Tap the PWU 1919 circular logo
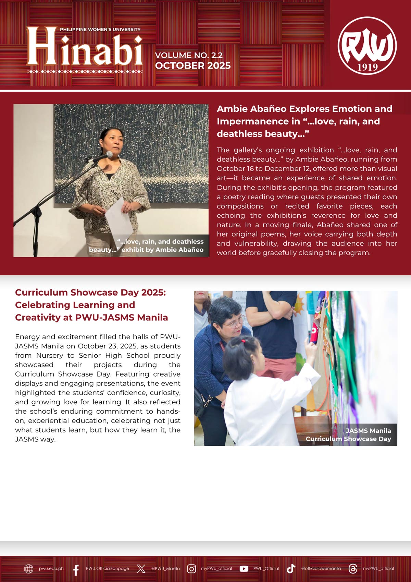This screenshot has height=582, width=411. [367, 46]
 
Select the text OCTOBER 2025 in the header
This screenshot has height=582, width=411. [193, 66]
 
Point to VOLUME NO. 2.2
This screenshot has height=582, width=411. [189, 55]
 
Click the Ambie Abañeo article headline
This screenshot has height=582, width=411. [304, 121]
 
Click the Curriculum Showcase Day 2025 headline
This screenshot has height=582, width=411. [91, 305]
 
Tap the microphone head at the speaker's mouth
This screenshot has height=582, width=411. [109, 154]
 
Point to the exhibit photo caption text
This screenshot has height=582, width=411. [147, 246]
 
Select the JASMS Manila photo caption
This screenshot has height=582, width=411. [349, 435]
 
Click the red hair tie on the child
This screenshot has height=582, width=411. [243, 341]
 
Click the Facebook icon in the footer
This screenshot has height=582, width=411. [76, 569]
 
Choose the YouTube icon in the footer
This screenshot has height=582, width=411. [244, 569]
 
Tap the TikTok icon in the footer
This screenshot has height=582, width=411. [291, 569]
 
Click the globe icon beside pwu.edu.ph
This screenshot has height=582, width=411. [29, 569]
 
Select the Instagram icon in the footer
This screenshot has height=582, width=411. [191, 569]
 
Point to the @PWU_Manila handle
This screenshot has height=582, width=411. [165, 569]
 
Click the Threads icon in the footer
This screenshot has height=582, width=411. [352, 569]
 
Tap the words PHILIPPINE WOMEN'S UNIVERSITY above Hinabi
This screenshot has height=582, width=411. [100, 29]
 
